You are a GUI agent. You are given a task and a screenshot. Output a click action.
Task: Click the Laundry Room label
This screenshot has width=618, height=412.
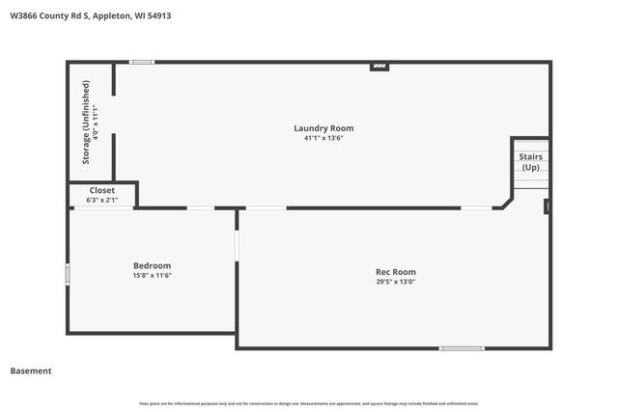click(x=323, y=128)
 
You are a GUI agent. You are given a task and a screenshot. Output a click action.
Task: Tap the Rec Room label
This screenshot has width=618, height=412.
click(x=396, y=272)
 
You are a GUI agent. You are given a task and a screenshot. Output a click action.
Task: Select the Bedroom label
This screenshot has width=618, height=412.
click(x=152, y=265)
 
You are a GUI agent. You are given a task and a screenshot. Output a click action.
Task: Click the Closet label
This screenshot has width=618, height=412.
click(x=101, y=191)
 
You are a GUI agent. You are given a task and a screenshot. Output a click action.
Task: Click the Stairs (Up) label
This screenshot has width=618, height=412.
click(x=530, y=161)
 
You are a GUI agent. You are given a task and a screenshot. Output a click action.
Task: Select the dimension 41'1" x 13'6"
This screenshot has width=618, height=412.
click(x=323, y=138)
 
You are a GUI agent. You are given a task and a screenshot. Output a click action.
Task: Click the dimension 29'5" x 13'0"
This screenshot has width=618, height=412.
click(x=396, y=282)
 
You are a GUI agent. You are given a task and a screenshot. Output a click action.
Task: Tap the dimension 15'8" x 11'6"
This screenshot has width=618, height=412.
click(x=152, y=275)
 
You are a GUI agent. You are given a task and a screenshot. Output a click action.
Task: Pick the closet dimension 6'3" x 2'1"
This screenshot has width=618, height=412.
click(x=101, y=201)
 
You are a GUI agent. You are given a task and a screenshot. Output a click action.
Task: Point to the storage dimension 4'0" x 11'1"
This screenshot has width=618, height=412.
click(x=96, y=122)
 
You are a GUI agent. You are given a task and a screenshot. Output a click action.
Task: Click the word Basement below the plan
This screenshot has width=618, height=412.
click(x=31, y=371)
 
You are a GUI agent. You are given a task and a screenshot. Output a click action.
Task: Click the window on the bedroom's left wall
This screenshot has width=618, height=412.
click(x=68, y=275)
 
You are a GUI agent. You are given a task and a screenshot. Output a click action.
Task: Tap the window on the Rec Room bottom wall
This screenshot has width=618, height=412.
click(x=462, y=347)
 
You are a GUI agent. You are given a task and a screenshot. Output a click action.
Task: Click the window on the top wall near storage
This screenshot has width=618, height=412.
click(x=142, y=63)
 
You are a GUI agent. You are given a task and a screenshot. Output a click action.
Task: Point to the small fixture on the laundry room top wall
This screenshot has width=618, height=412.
click(x=379, y=66)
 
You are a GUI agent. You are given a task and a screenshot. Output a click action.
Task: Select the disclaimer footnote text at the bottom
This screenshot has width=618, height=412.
click(x=308, y=403)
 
